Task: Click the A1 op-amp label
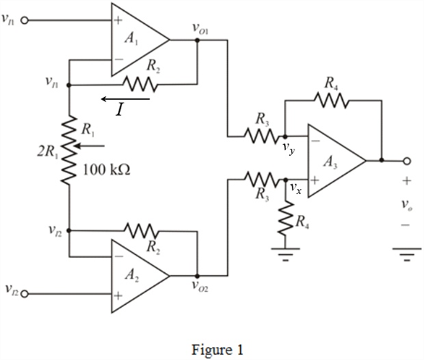pos(132,39)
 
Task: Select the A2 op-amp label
pos(132,276)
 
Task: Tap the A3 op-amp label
pos(330,162)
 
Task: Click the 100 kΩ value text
pos(106,170)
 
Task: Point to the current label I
pos(119,110)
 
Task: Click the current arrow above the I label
pos(126,99)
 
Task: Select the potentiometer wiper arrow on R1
pos(89,146)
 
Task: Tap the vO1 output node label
pos(200,29)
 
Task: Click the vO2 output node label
pos(200,286)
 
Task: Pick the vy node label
pos(289,149)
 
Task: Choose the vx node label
pos(295,188)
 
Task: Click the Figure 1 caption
pos(218,350)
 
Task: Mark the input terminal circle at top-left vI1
pos(24,20)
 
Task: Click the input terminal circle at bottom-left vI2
pos(24,294)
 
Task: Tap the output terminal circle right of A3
pos(407,161)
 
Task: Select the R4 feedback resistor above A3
pos(331,101)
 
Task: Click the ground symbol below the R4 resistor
pos(285,254)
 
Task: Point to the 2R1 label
pos(47,152)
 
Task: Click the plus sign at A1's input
pos(118,20)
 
